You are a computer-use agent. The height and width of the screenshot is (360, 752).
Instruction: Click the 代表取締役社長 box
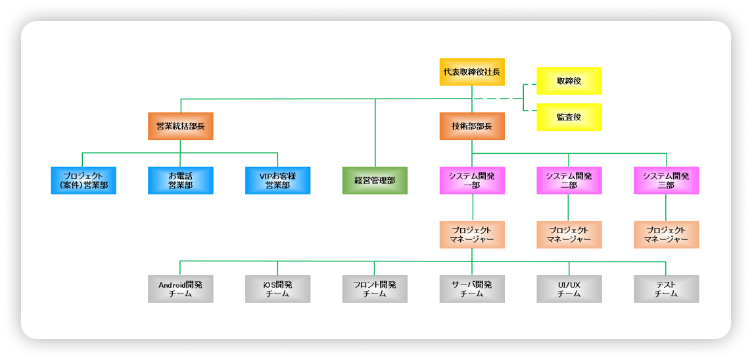472,72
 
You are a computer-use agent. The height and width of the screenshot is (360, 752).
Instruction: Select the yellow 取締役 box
569,81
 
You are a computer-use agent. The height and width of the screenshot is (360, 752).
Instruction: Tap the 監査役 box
569,117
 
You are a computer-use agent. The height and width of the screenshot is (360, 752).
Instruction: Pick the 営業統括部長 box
181,125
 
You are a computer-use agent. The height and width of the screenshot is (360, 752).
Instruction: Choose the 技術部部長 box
472,125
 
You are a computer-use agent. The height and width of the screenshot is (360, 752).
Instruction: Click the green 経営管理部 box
375,180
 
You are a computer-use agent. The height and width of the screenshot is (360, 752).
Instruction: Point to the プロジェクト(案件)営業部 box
83,180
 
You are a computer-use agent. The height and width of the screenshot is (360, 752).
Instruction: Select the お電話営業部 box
181,180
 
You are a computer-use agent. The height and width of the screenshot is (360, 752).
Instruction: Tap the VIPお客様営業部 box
277,180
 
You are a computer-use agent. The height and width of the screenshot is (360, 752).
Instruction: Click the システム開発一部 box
472,180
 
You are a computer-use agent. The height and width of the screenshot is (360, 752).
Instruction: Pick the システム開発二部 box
569,180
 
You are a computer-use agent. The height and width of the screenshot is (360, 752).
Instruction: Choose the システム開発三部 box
666,180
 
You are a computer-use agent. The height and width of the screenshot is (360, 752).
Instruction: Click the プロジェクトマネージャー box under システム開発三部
666,235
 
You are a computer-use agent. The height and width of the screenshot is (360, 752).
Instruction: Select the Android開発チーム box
181,289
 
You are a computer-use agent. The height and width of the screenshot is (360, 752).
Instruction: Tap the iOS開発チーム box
277,289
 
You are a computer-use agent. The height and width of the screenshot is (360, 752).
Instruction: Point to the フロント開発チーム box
375,289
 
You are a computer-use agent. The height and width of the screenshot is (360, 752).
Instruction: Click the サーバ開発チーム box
472,289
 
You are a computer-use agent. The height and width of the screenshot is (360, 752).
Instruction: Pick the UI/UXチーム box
569,289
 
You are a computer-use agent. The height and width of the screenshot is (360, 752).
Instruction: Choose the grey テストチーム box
666,289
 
